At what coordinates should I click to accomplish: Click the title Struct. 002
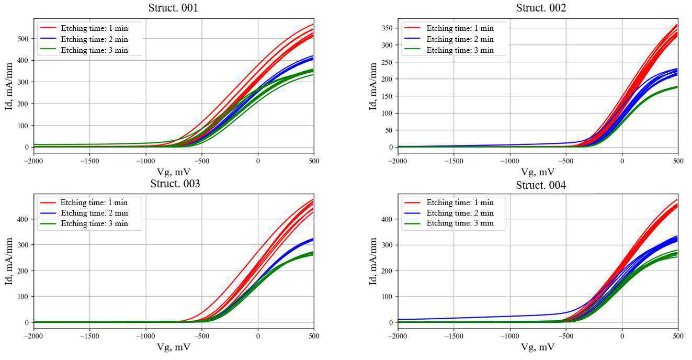tap(541, 8)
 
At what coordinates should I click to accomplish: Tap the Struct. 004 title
tap(541, 185)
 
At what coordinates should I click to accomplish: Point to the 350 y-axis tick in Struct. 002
tap(387, 28)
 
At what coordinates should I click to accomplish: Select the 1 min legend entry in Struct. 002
tap(459, 28)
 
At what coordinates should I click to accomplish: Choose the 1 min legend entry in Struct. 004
tap(459, 203)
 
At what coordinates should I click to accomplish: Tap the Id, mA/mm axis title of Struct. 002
tap(373, 86)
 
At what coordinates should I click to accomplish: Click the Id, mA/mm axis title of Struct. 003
tap(8, 261)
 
